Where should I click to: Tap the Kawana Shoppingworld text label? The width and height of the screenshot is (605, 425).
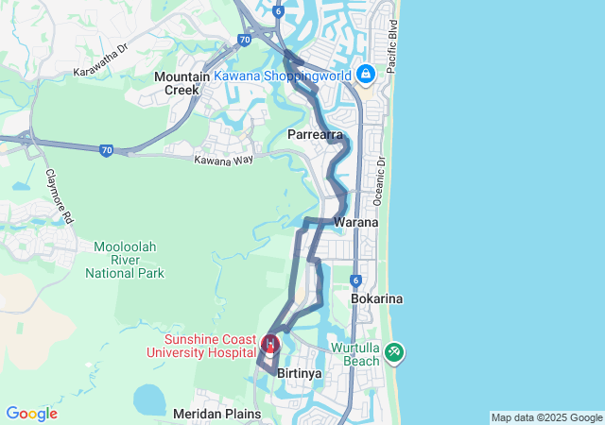click(x=284, y=75)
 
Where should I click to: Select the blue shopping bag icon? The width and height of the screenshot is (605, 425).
click(x=365, y=73)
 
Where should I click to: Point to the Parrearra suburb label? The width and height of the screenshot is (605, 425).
click(x=315, y=135)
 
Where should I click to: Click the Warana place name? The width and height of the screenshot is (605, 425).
click(x=355, y=222)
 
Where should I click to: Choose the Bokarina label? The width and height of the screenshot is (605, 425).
click(x=376, y=298)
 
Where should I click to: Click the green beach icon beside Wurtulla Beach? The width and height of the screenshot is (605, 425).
click(x=394, y=353)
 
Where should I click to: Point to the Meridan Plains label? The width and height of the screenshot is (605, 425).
click(x=216, y=414)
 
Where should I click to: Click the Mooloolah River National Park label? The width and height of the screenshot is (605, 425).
click(x=125, y=260)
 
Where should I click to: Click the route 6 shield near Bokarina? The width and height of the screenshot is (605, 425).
click(x=355, y=280)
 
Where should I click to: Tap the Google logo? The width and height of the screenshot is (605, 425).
click(x=31, y=414)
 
